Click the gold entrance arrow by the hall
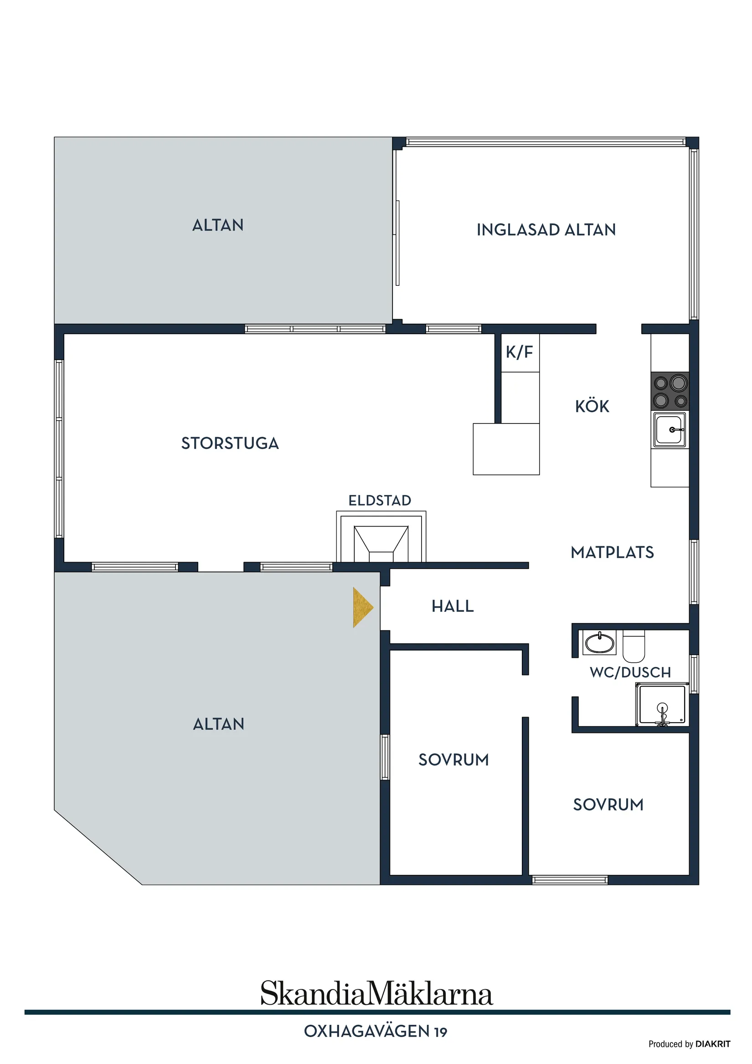pos(362,608)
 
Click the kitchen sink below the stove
pos(670,429)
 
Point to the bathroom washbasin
pos(600,643)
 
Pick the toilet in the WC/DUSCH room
pos(634,646)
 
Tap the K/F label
pos(520,352)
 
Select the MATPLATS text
pos(612,553)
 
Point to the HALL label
pos(453,606)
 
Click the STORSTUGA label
pos(230,444)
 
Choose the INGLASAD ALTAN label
pos(546,230)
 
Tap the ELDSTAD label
pos(380,501)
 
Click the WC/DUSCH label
pos(630,672)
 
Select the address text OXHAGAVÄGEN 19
pos(376,1032)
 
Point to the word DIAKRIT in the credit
pos(713,1044)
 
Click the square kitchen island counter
pos(506,449)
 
